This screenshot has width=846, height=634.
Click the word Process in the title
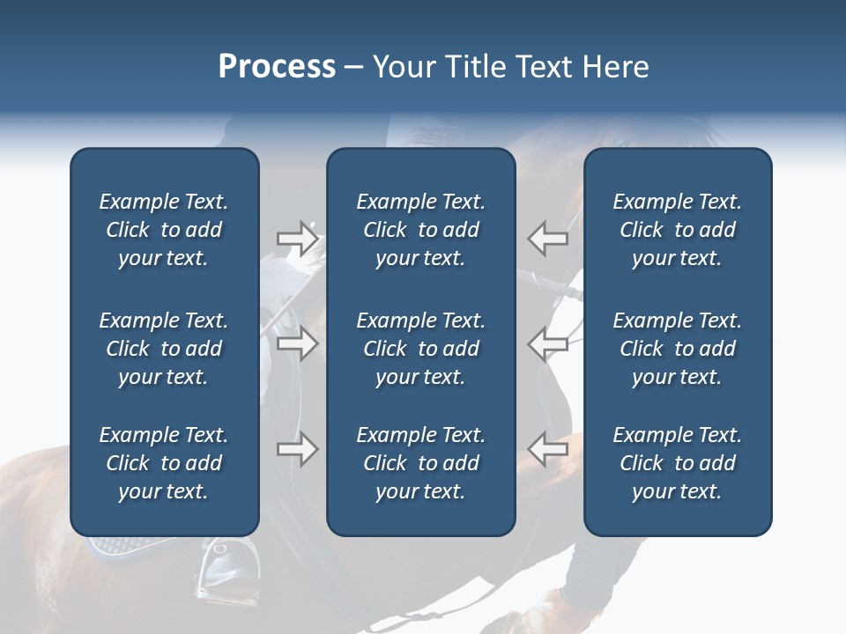click(277, 67)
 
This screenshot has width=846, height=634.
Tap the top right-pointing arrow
click(297, 238)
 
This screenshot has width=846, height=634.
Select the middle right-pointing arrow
click(297, 343)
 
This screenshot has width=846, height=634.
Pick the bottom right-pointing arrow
click(297, 449)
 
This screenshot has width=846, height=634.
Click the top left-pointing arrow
click(547, 238)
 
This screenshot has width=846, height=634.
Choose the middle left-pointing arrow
click(547, 343)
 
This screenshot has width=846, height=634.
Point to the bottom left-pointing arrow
click(547, 449)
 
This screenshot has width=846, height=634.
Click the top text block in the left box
click(164, 230)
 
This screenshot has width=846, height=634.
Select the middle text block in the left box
click(164, 349)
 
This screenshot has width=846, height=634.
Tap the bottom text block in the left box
click(164, 463)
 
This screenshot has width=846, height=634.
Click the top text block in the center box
click(420, 230)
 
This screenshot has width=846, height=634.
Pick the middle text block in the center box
click(420, 349)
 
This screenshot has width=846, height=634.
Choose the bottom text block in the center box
click(420, 463)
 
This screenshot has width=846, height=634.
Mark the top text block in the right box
click(677, 230)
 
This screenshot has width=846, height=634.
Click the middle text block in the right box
click(677, 349)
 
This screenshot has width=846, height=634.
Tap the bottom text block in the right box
click(677, 463)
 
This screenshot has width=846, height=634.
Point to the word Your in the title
click(401, 67)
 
